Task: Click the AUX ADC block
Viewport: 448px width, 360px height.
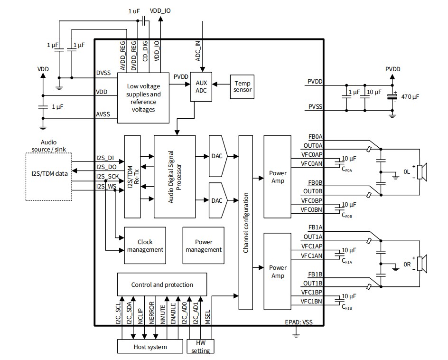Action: (x=201, y=87)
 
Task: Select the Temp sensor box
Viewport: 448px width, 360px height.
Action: (x=242, y=86)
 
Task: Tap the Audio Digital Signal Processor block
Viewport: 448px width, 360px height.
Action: (x=175, y=177)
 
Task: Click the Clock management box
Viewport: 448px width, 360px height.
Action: (x=145, y=246)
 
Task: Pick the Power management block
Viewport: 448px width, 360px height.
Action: (x=203, y=246)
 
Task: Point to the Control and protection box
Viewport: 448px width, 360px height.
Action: (x=162, y=284)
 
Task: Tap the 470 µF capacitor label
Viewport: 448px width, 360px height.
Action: (x=410, y=96)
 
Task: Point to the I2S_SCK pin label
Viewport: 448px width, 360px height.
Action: (x=107, y=177)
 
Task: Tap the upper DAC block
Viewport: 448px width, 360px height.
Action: (x=218, y=155)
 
